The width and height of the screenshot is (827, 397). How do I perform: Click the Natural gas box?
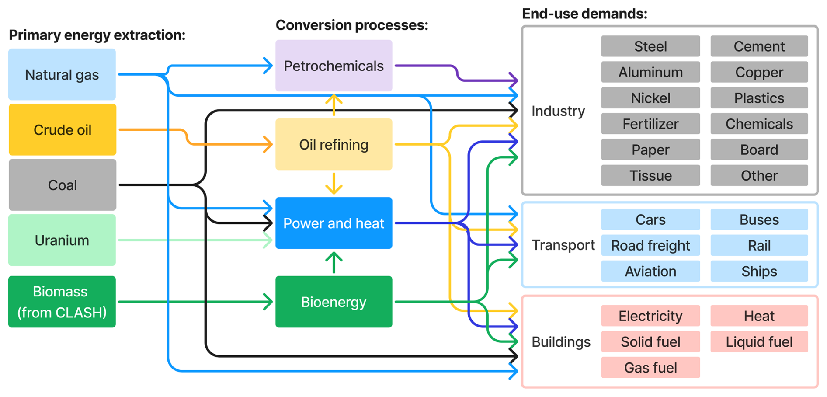click(62, 74)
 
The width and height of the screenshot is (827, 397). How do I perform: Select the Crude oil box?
click(63, 129)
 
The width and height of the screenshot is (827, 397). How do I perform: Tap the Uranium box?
click(62, 240)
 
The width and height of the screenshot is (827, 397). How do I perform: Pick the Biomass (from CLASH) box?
click(62, 302)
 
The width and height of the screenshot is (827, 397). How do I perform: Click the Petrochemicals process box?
click(334, 66)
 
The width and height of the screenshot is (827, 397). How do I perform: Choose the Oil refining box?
click(334, 144)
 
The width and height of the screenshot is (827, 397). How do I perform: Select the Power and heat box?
click(334, 223)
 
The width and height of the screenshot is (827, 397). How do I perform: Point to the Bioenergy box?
click(334, 302)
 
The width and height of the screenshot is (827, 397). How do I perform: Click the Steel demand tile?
click(650, 46)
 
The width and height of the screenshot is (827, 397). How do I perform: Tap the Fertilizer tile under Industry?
click(650, 124)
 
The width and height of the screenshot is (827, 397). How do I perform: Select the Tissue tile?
click(650, 175)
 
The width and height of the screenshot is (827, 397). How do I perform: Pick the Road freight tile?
click(650, 245)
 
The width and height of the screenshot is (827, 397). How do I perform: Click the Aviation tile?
click(650, 271)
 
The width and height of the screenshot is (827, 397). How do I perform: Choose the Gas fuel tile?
click(650, 367)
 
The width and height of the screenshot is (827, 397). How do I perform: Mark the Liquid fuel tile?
click(759, 341)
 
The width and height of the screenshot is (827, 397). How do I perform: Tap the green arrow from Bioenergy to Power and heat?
click(334, 262)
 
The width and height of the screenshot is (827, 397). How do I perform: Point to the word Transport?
click(563, 245)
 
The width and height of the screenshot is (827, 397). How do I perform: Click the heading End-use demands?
click(584, 14)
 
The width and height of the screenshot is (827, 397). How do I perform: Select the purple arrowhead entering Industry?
click(514, 80)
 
